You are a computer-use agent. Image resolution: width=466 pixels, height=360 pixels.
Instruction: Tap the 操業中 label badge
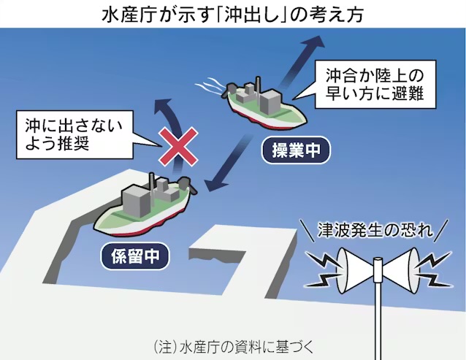(296, 150)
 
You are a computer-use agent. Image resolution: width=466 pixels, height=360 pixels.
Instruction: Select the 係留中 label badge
(135, 256)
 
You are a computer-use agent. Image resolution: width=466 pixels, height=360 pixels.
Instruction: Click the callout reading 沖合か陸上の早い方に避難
(375, 85)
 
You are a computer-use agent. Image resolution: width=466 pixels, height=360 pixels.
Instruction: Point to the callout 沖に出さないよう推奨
(75, 134)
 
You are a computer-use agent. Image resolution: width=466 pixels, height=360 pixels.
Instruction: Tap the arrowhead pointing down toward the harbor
(214, 185)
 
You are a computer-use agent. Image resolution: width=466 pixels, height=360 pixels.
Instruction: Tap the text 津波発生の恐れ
(375, 229)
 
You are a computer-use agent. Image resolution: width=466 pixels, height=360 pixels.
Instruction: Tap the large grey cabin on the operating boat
(270, 101)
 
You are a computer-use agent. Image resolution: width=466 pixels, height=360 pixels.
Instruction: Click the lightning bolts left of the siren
(324, 269)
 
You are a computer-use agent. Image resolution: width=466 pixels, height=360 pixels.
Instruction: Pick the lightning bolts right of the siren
(433, 269)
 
